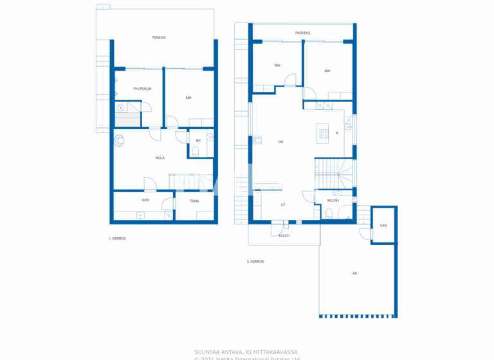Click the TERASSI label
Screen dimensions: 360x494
tap(159, 38)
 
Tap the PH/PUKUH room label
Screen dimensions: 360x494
tap(142, 89)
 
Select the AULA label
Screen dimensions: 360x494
tap(160, 157)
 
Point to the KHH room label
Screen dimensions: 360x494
tap(146, 201)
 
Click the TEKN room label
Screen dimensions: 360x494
tap(194, 201)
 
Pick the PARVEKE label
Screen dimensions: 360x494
tap(303, 32)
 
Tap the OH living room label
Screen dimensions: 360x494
tap(280, 142)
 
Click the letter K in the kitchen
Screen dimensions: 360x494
tap(337, 134)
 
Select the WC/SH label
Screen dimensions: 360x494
tap(333, 200)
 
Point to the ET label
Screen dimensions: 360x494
tap(283, 204)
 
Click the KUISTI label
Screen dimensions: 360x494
tap(284, 236)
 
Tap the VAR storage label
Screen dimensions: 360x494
tap(383, 226)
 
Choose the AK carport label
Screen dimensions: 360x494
tap(354, 273)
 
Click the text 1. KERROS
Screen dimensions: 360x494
tap(117, 239)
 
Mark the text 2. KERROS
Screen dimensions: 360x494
tap(256, 262)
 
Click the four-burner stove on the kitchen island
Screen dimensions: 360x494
tap(322, 134)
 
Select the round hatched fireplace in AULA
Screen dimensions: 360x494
tap(120, 139)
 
